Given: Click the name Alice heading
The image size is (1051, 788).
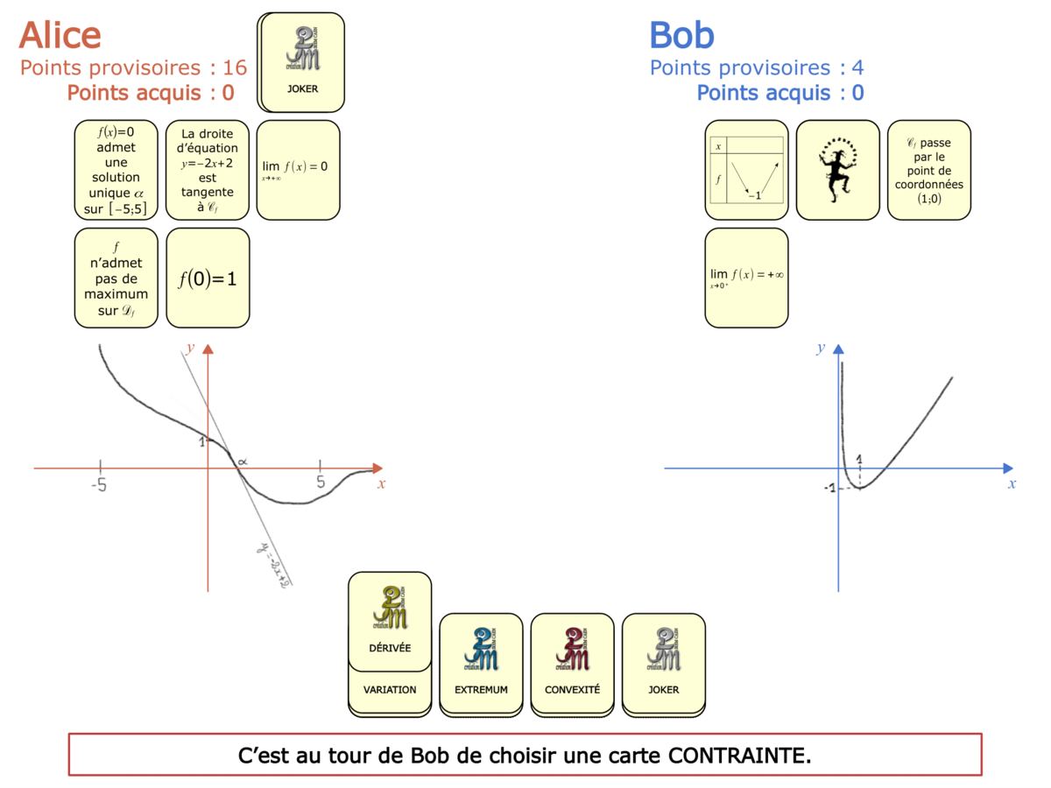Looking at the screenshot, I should pos(60,35).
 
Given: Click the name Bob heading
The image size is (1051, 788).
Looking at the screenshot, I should pos(681,35).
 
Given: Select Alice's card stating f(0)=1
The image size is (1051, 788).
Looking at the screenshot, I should pos(208,278).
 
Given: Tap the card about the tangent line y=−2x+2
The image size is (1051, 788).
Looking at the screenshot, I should pos(208,170).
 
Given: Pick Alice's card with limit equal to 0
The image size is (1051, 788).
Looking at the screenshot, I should pos(298,170).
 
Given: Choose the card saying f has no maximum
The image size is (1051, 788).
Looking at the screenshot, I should pos(116,278).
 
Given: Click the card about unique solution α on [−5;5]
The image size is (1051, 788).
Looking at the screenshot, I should pos(116,170).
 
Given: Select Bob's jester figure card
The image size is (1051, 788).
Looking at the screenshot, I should pos(837,170).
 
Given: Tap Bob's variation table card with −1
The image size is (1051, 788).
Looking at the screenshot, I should pos(747,170).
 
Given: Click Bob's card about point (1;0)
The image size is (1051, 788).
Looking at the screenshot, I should pos(928,170).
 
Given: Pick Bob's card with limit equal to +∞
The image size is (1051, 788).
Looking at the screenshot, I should pos(747,278).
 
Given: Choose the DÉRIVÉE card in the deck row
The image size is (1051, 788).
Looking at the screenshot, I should pos(390,616).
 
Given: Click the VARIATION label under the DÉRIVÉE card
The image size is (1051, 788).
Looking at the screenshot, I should pos(390,690).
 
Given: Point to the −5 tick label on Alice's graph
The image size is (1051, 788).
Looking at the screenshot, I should pos(100,483).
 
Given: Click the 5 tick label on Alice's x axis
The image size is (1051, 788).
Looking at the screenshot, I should pos(321,482).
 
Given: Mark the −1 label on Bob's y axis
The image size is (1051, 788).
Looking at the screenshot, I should pos(829,488).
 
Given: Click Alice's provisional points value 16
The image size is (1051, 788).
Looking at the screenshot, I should pos(235,67).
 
